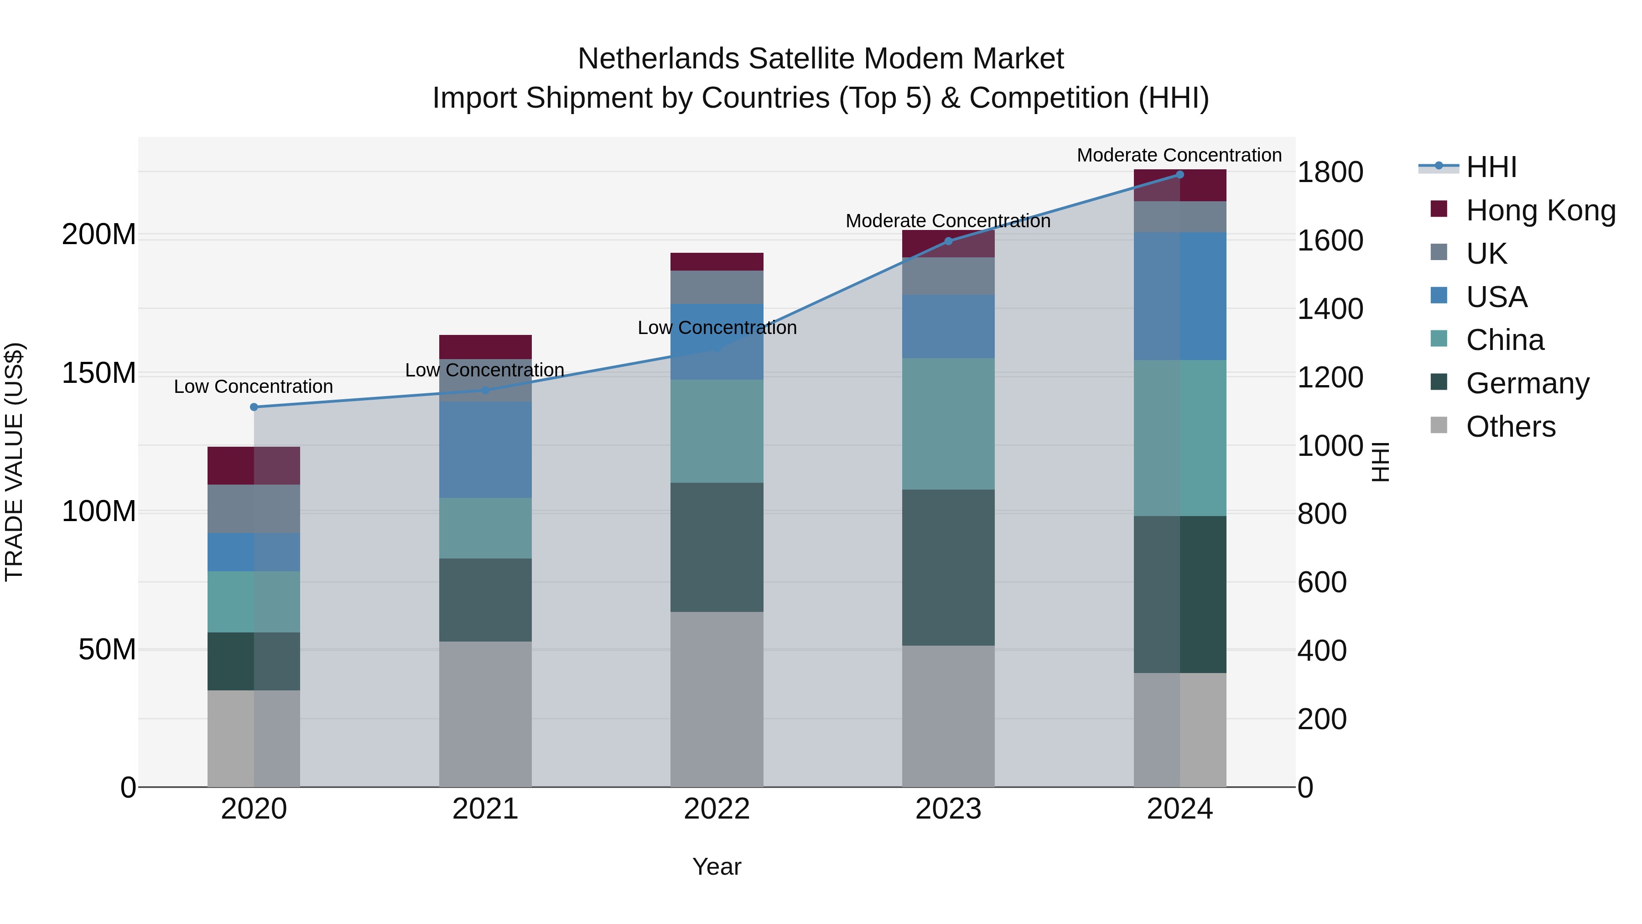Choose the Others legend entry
[1510, 427]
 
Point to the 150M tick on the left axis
[99, 373]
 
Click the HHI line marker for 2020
[254, 407]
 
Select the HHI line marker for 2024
[1179, 175]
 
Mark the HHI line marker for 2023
[948, 241]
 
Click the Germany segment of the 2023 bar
[948, 568]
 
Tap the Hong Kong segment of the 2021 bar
[485, 346]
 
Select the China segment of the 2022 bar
[717, 431]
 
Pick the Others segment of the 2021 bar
[485, 714]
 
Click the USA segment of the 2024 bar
[1179, 297]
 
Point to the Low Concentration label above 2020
[253, 386]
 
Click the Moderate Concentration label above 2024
[1179, 155]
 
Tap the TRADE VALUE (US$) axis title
[14, 462]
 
